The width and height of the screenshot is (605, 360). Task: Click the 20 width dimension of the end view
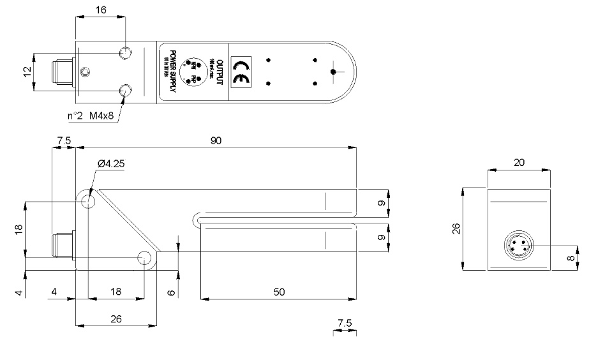click(519, 163)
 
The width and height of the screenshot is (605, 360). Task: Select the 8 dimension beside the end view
click(587, 259)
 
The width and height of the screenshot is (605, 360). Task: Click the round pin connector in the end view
click(518, 246)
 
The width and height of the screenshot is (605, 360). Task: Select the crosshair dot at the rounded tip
click(332, 72)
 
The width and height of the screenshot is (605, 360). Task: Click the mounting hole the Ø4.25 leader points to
click(87, 202)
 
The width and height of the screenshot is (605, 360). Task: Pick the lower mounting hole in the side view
click(145, 258)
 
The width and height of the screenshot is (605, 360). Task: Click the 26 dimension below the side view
click(116, 318)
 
